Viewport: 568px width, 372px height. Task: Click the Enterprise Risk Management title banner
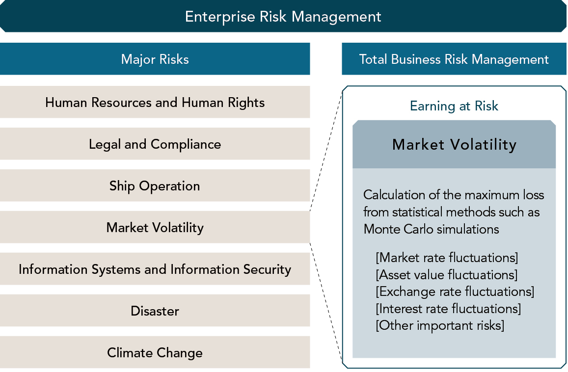pyautogui.click(x=283, y=16)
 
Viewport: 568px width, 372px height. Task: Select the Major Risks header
pyautogui.click(x=155, y=59)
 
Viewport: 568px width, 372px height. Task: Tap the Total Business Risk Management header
pyautogui.click(x=454, y=59)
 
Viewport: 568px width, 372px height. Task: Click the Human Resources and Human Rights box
pyautogui.click(x=155, y=102)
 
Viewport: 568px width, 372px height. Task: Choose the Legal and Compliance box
pyautogui.click(x=155, y=144)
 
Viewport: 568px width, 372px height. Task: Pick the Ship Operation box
pyautogui.click(x=155, y=186)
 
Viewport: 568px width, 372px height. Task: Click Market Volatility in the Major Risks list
pyautogui.click(x=155, y=227)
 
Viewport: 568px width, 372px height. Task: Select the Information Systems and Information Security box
pyautogui.click(x=155, y=269)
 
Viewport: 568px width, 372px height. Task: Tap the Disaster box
pyautogui.click(x=155, y=311)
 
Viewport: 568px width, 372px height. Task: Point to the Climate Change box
pyautogui.click(x=155, y=352)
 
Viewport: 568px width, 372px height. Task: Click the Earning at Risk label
pyautogui.click(x=454, y=106)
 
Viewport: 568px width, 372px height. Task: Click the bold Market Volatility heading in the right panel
pyautogui.click(x=454, y=144)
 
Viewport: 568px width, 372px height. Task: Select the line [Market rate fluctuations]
pyautogui.click(x=447, y=258)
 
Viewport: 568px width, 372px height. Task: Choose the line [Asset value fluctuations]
pyautogui.click(x=447, y=274)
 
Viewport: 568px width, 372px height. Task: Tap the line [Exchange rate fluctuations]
pyautogui.click(x=455, y=291)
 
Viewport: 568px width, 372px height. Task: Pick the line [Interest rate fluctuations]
pyautogui.click(x=448, y=309)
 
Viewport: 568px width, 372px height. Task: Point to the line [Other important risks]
pyautogui.click(x=440, y=325)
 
